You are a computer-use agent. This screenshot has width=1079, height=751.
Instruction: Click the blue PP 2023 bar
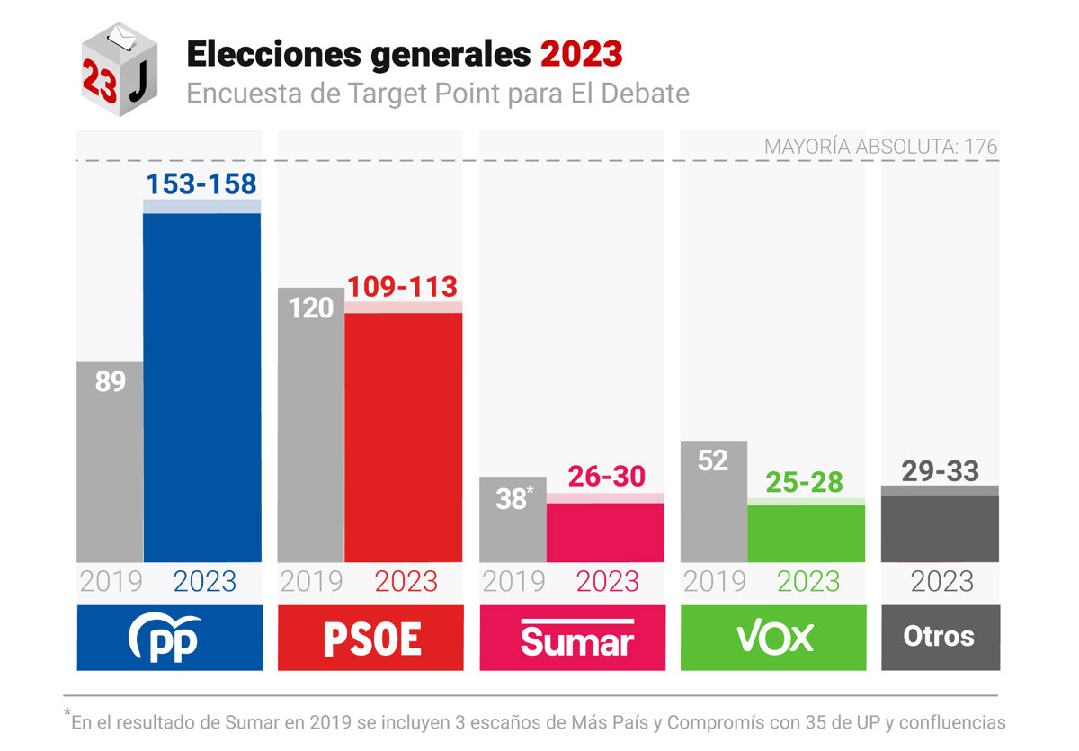tap(202, 387)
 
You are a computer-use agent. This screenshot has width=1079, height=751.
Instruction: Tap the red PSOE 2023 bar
tap(404, 436)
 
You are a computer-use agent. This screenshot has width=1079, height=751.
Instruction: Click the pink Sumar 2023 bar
tap(605, 532)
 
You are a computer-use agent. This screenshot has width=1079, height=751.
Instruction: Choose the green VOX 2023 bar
tap(807, 533)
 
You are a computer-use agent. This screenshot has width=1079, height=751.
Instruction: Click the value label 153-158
tap(201, 184)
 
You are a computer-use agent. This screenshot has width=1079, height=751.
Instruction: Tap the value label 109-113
tap(403, 287)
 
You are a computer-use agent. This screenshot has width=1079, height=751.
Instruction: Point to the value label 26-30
tap(606, 477)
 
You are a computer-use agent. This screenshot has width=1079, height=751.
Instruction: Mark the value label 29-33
tap(940, 470)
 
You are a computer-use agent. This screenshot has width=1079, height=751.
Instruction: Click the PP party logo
tap(169, 638)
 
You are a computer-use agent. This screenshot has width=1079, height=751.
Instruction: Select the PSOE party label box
tap(370, 638)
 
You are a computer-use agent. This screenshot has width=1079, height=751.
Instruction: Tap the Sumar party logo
tap(573, 638)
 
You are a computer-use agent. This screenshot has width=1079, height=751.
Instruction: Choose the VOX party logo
tap(773, 638)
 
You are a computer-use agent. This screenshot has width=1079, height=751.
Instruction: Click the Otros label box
tap(940, 638)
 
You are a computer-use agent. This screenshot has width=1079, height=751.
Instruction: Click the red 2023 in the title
tap(581, 55)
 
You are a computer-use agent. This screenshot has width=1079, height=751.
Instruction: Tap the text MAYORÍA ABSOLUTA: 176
tap(880, 147)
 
